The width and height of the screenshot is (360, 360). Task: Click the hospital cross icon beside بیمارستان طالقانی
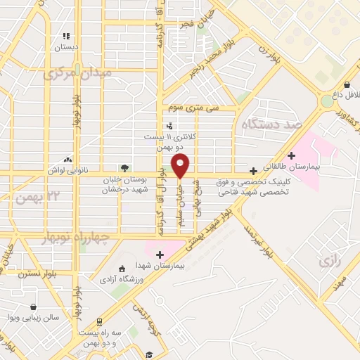pyautogui.click(x=292, y=155)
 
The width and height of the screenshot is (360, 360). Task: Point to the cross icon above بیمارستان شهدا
pyautogui.click(x=160, y=254)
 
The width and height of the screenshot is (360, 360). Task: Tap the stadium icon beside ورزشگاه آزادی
pyautogui.click(x=122, y=269)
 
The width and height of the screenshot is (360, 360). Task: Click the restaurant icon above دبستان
pyautogui.click(x=66, y=36)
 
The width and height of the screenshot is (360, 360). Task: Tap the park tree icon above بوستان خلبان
pyautogui.click(x=124, y=168)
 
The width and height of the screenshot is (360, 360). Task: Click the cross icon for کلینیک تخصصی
pyautogui.click(x=254, y=171)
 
